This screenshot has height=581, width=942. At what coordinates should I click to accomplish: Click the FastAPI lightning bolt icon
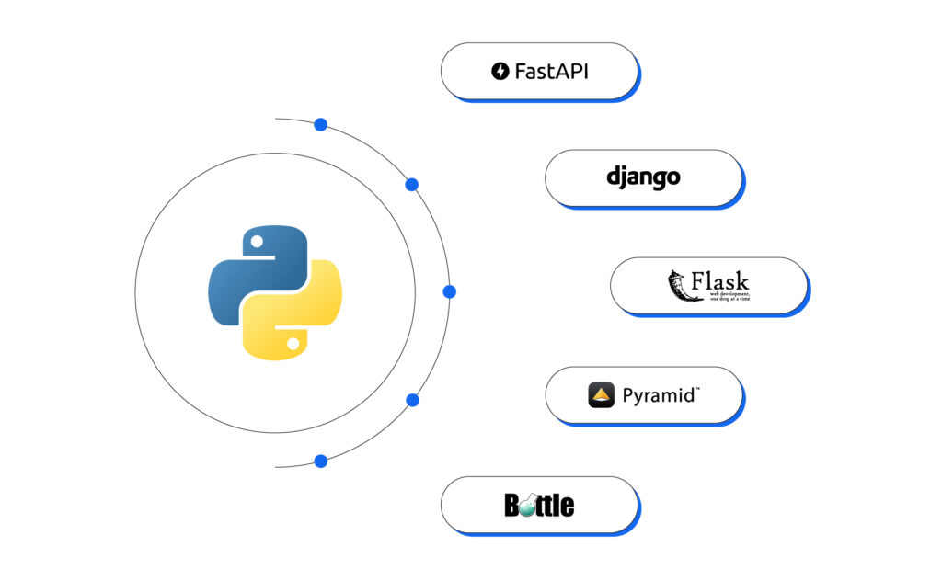[500, 71]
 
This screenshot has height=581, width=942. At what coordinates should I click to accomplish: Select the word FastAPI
[551, 71]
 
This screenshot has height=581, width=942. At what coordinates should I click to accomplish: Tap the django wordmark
[643, 177]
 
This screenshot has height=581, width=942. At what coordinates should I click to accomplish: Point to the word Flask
[720, 281]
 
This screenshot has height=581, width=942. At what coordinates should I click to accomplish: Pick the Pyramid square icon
[601, 395]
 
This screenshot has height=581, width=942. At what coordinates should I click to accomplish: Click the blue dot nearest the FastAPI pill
[320, 124]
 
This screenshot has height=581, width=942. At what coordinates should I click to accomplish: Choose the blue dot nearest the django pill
[412, 185]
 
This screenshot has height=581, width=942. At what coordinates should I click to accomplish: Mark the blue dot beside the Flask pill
[449, 291]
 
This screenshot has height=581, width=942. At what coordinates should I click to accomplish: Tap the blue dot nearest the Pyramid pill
[412, 400]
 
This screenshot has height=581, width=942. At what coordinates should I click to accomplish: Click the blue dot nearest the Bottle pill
[320, 461]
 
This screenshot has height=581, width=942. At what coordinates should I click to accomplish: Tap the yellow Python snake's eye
[292, 343]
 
